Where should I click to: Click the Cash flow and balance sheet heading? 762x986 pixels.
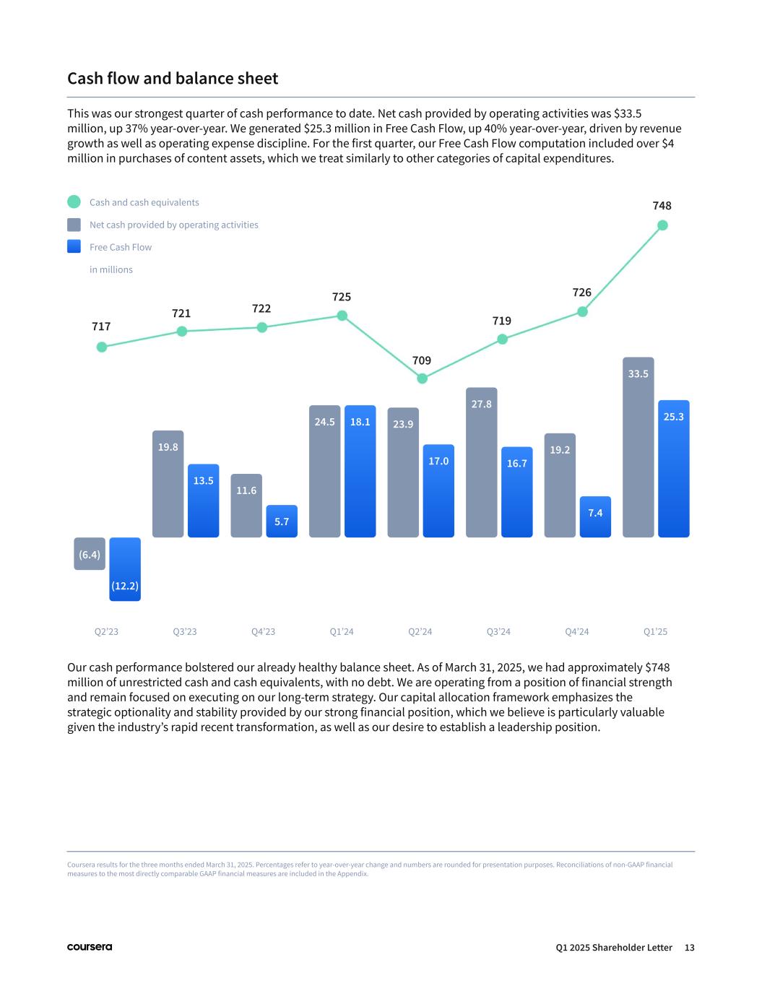173,78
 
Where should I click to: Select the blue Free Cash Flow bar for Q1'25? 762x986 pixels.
673,470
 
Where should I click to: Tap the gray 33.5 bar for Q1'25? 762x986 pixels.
638,448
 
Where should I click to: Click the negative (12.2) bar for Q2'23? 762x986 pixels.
125,569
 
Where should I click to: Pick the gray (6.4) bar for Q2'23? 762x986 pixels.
90,554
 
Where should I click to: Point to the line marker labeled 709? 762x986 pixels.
423,378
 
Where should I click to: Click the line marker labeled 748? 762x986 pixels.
662,225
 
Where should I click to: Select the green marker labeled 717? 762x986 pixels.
102,347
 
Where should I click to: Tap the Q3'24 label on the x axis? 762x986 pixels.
498,632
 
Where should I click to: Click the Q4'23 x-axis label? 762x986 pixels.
263,632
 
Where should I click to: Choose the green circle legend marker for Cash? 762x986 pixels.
74,202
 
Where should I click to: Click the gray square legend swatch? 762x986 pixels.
74,225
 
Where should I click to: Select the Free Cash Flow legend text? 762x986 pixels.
121,247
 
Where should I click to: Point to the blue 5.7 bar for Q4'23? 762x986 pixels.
282,522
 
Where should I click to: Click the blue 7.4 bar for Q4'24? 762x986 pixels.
595,517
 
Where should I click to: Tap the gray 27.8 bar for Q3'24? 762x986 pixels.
481,463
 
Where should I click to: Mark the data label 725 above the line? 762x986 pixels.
342,297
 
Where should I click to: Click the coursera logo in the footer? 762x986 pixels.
90,947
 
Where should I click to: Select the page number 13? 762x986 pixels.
689,948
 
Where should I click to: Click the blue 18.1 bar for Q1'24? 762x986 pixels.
360,472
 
